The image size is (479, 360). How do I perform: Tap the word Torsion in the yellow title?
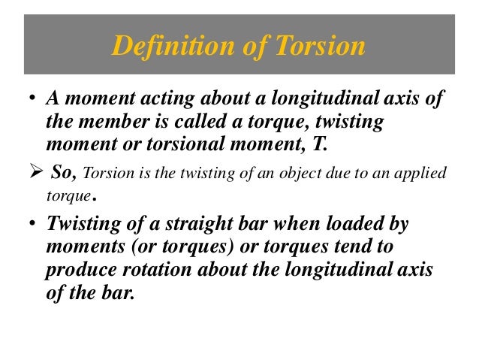pyautogui.click(x=319, y=47)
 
